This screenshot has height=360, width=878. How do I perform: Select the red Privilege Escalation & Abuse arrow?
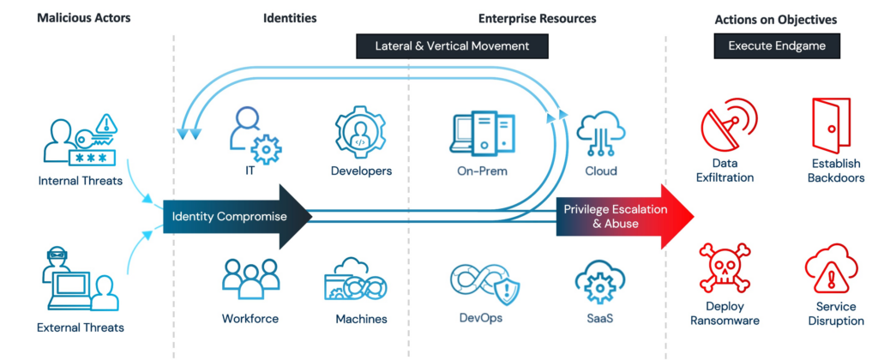coord(617,216)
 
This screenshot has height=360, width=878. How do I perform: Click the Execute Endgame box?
coord(777,45)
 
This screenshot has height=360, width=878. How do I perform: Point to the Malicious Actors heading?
coord(83,18)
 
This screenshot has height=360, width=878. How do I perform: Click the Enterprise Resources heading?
coord(538,18)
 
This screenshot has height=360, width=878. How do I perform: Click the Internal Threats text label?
coord(81,181)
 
